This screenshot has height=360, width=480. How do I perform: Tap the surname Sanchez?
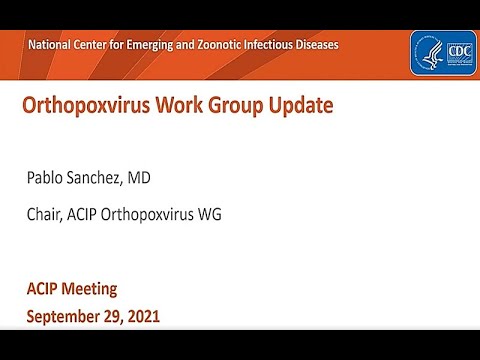click(113, 179)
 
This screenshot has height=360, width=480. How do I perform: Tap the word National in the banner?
click(54, 45)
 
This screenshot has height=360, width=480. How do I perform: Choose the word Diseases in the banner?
click(312, 45)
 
